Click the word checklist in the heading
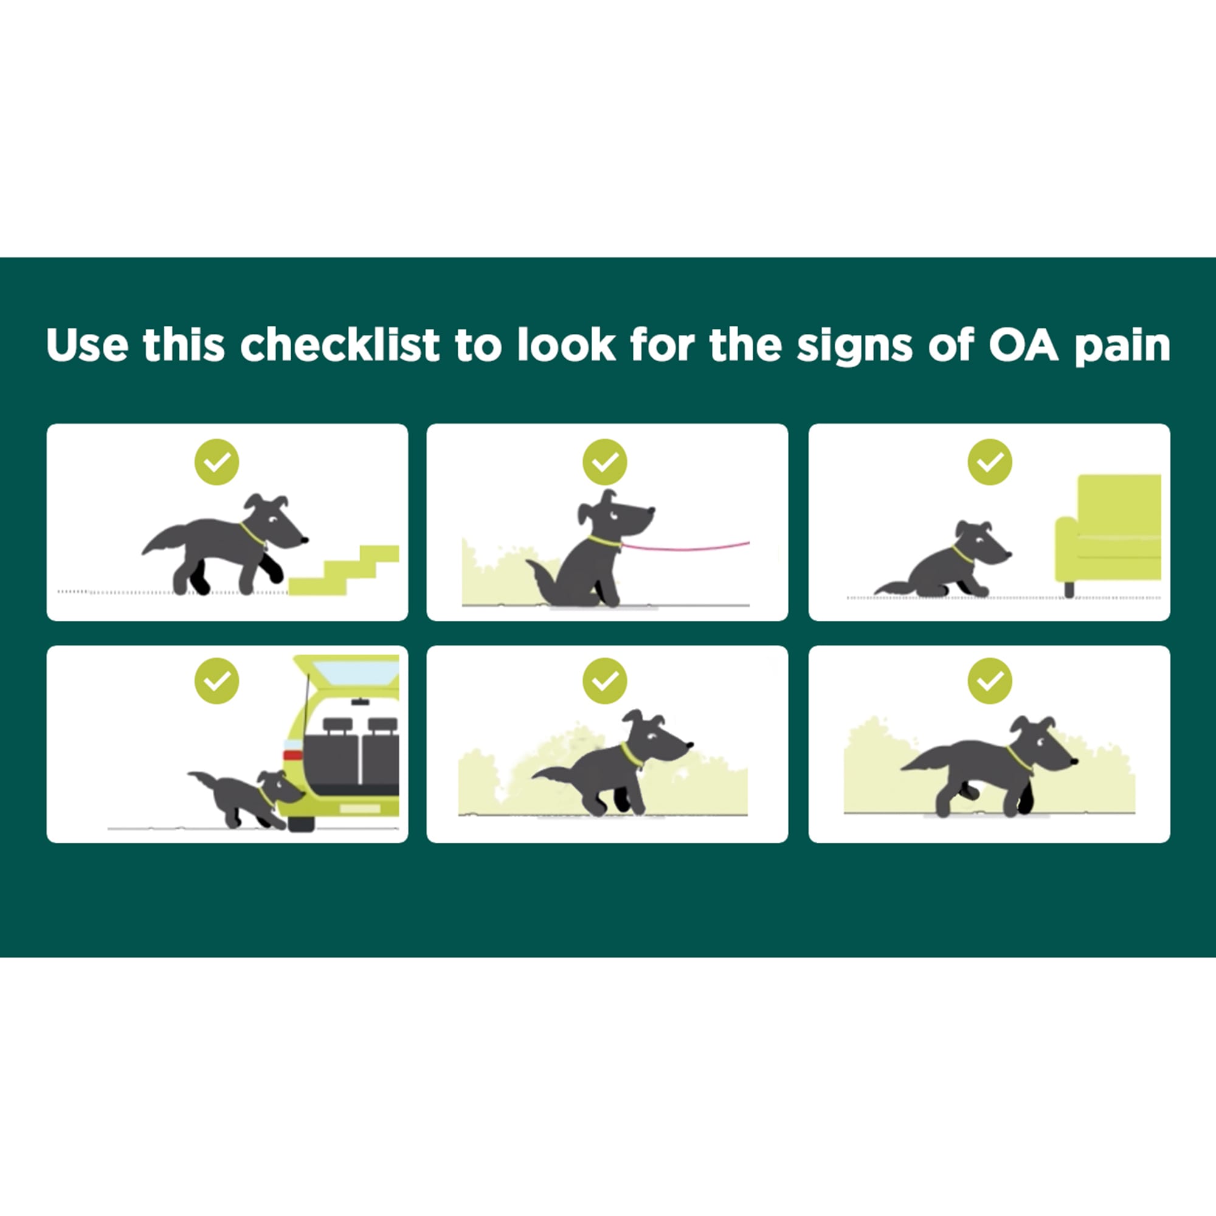tap(340, 345)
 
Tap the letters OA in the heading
tap(1023, 345)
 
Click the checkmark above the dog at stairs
tap(216, 462)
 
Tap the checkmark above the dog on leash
tap(605, 462)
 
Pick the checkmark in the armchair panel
tap(989, 462)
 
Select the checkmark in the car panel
tap(216, 680)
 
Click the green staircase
tap(344, 570)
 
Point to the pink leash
tap(686, 547)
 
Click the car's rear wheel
tap(301, 823)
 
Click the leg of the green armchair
tap(1069, 589)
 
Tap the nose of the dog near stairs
tap(305, 539)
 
